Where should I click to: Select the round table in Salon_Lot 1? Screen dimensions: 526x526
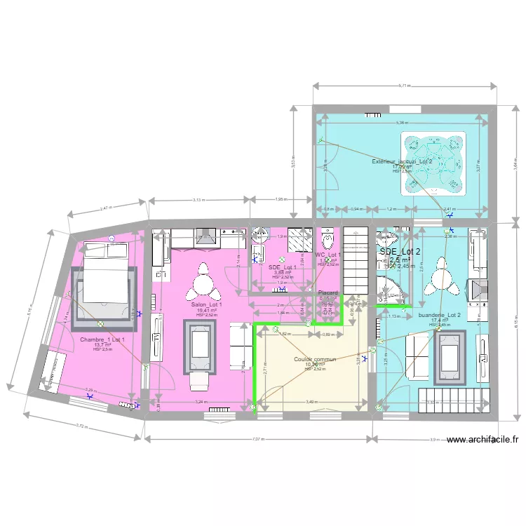203,282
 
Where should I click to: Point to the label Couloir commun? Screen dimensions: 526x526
316,359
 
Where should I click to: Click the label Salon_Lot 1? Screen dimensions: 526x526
207,305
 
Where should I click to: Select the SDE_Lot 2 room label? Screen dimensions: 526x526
400,252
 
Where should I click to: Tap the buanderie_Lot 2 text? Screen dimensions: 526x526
440,316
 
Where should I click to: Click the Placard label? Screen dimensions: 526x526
328,292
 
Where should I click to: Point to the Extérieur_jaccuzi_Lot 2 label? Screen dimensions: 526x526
403,162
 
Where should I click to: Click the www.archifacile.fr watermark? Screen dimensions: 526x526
483,440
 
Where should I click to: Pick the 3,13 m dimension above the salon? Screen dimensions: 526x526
198,200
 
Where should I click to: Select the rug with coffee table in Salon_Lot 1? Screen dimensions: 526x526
200,346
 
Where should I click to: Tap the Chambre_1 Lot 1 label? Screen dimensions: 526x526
102,340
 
